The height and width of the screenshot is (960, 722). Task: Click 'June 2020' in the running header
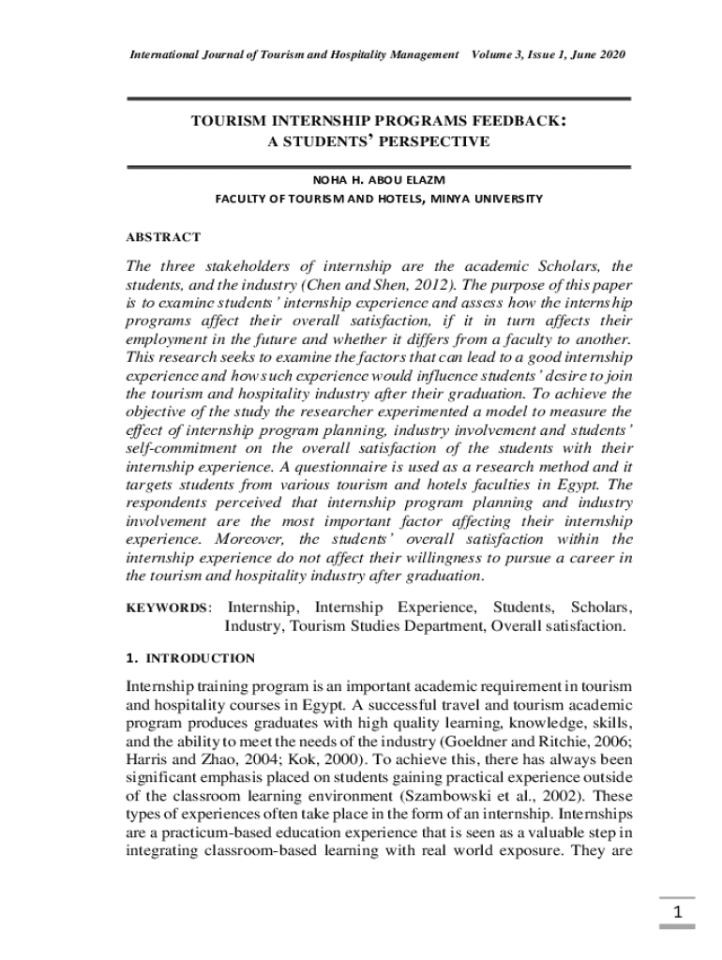coord(595,54)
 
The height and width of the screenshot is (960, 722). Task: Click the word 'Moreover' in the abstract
coord(254,539)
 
